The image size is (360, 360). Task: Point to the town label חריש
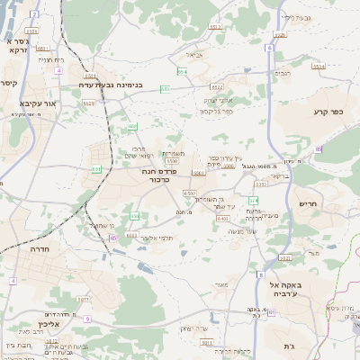pyautogui.click(x=309, y=203)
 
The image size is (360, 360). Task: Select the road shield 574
pyautogui.click(x=254, y=200)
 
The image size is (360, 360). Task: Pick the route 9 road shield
pyautogui.click(x=86, y=319)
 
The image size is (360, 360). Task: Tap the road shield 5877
pyautogui.click(x=82, y=300)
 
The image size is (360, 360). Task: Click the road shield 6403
pyautogui.click(x=221, y=219)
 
